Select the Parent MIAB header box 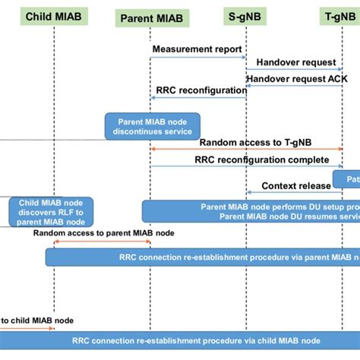(x=150, y=17)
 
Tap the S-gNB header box (x=246, y=15)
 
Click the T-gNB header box (x=341, y=15)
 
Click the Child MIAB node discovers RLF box (x=51, y=212)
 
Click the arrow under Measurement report (x=197, y=56)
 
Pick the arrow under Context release (x=293, y=193)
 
